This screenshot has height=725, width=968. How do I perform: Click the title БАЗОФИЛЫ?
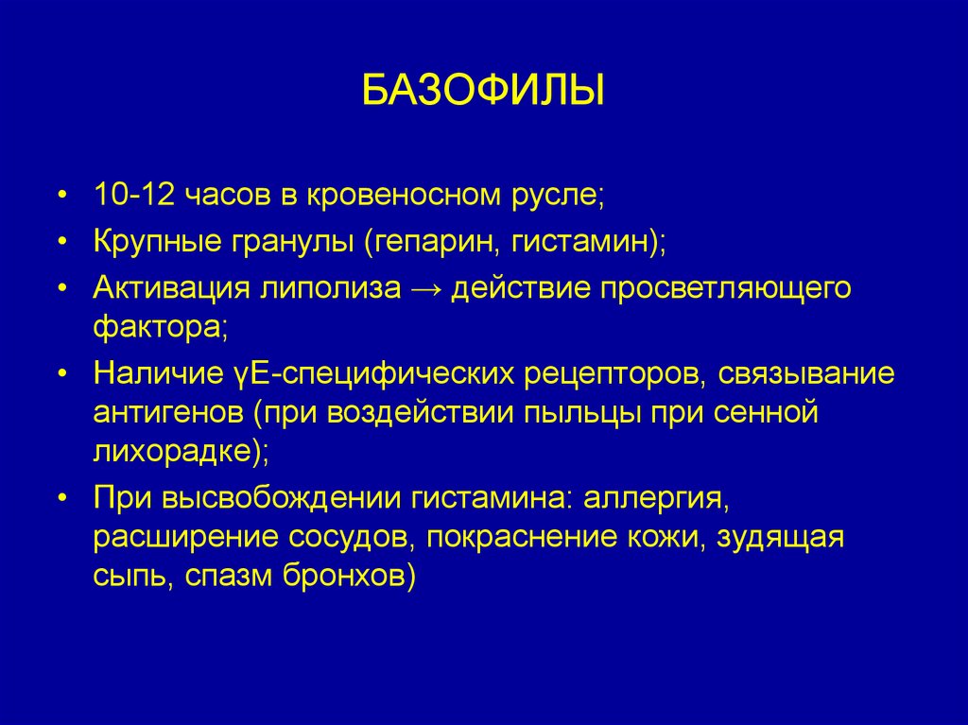click(x=483, y=94)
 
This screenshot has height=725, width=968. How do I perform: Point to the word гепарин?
click(x=432, y=241)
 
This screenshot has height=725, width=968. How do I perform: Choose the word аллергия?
click(x=654, y=498)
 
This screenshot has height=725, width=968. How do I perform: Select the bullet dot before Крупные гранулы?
click(x=61, y=242)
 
